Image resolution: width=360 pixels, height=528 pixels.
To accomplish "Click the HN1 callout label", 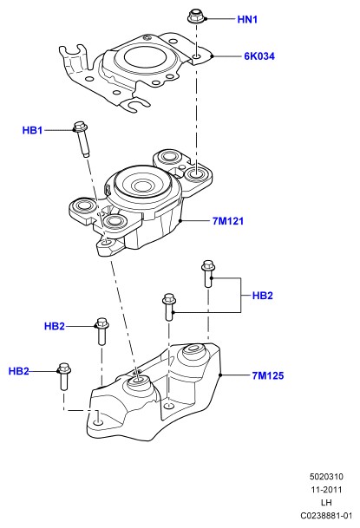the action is tap(247, 20).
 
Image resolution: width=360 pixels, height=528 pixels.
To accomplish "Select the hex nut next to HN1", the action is tap(195, 16).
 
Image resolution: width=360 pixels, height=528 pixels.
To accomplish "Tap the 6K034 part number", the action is tap(259, 56).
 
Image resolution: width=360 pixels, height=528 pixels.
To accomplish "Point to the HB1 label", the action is tap(32, 130).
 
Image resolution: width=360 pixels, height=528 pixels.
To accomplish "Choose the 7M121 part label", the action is tap(227, 221).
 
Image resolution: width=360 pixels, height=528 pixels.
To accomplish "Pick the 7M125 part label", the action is tap(268, 375).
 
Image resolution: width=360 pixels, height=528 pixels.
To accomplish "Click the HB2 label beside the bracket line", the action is tap(262, 296).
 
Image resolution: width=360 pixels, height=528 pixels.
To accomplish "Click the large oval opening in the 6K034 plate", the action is tap(147, 56).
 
